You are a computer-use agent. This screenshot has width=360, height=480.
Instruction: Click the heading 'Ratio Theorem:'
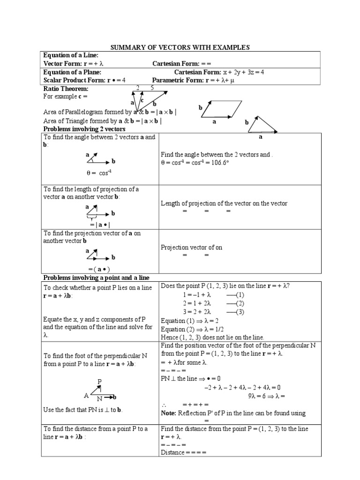(66, 89)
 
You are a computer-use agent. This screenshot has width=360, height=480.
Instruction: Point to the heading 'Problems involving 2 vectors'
(84, 128)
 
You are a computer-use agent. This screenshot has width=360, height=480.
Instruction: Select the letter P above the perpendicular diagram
(100, 381)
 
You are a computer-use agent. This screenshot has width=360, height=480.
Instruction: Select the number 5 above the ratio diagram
(152, 88)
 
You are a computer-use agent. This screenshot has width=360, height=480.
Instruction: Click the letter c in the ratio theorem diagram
(142, 100)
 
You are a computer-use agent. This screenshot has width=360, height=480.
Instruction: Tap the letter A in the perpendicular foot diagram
(86, 395)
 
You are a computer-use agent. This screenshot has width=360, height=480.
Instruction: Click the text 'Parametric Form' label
(177, 80)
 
